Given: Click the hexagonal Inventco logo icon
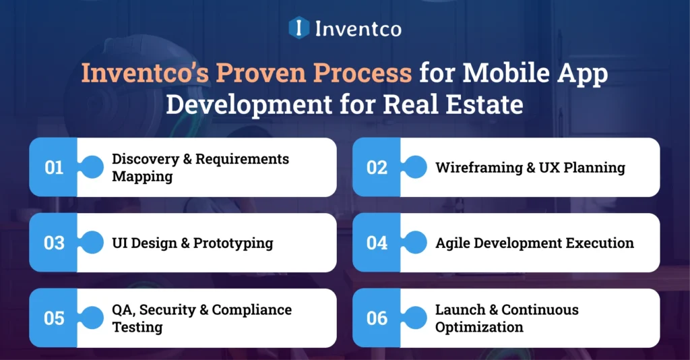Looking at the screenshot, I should [x=299, y=28].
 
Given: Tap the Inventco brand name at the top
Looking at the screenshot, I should [x=358, y=28].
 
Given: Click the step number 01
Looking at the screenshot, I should [x=54, y=167].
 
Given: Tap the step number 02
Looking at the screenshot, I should [x=377, y=167].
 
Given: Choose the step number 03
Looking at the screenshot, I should [x=54, y=243].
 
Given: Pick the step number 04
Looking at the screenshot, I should [x=377, y=243].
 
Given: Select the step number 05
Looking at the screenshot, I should [x=54, y=318].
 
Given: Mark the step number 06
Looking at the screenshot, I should [x=377, y=318].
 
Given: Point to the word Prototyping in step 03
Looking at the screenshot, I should [x=233, y=243].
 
